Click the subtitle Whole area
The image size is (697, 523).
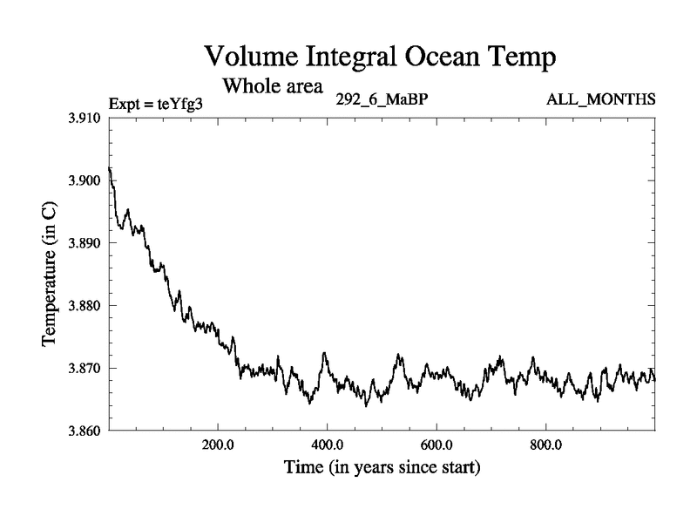pyautogui.click(x=274, y=86)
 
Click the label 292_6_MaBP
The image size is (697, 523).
pyautogui.click(x=382, y=99)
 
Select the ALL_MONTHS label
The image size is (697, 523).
pyautogui.click(x=601, y=99)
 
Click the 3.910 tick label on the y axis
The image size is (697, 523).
pyautogui.click(x=85, y=118)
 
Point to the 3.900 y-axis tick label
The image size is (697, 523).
pyautogui.click(x=85, y=180)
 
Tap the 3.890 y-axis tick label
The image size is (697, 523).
pyautogui.click(x=85, y=243)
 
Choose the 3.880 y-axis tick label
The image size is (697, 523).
pyautogui.click(x=85, y=306)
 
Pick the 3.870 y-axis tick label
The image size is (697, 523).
pyautogui.click(x=85, y=369)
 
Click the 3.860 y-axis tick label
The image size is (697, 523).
pyautogui.click(x=85, y=431)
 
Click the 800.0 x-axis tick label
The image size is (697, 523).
pyautogui.click(x=545, y=445)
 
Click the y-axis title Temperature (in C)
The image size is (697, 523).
pyautogui.click(x=51, y=275)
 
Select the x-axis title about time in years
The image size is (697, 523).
pyautogui.click(x=382, y=468)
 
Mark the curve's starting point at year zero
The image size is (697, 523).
pyautogui.click(x=109, y=167)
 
